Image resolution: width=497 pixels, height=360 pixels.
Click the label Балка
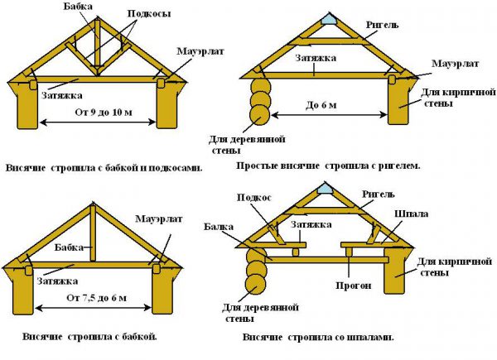(216, 225)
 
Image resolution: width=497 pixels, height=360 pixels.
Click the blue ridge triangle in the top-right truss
(331, 19)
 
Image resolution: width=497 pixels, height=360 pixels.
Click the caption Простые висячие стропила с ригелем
(328, 166)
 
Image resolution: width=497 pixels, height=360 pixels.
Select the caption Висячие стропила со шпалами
(318, 337)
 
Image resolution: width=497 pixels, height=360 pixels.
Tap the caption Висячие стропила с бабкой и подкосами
(104, 166)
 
